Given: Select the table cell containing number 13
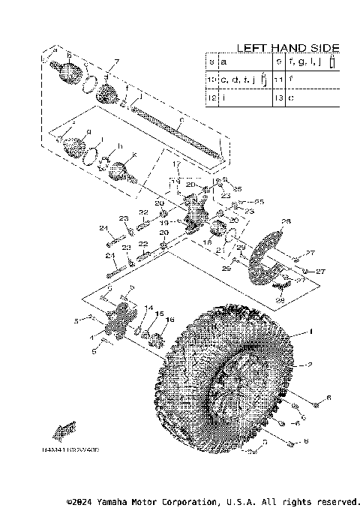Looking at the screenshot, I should pos(279,97).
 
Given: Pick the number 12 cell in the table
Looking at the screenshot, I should pos(212,97).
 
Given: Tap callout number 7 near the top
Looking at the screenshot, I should pos(116,62).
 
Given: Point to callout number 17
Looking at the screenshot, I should pos(178,164).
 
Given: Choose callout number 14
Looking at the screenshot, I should pos(148,307).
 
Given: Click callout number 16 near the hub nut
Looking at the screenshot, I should pos(169,320).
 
